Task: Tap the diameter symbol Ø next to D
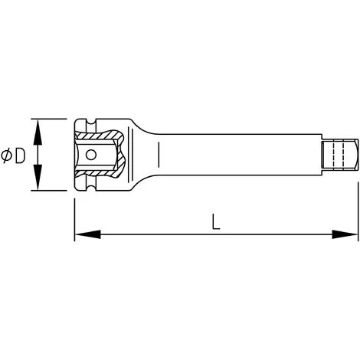tap(7, 155)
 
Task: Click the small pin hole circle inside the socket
tap(92, 154)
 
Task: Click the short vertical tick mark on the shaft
tap(159, 155)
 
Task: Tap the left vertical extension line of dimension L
tap(74, 214)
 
